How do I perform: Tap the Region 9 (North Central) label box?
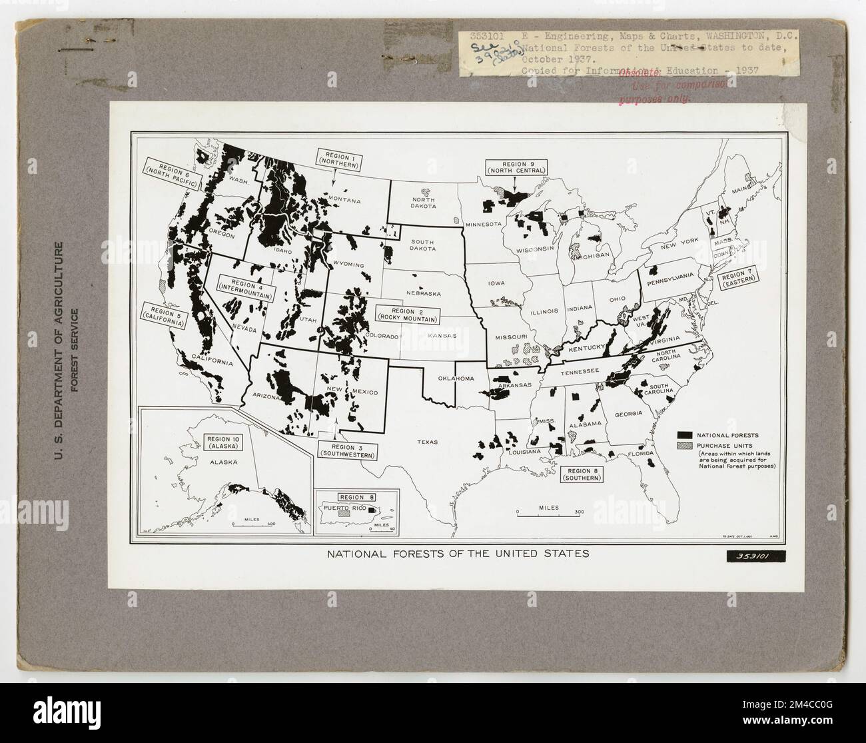point(515,167)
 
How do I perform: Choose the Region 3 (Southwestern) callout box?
point(348,450)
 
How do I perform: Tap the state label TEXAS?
point(428,441)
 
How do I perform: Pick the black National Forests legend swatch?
point(685,434)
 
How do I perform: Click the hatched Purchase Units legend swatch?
point(685,445)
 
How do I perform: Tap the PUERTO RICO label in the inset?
point(341,507)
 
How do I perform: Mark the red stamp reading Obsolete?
point(640,75)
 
